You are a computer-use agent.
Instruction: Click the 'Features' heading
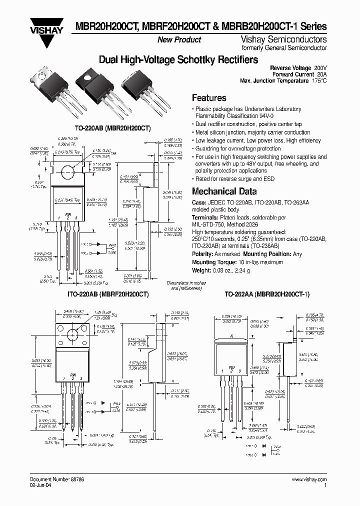coord(209,98)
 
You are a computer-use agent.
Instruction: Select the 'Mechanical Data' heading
coord(224,191)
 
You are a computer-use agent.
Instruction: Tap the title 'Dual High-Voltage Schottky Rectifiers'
coord(178,60)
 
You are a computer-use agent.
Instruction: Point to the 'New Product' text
coord(179,40)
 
